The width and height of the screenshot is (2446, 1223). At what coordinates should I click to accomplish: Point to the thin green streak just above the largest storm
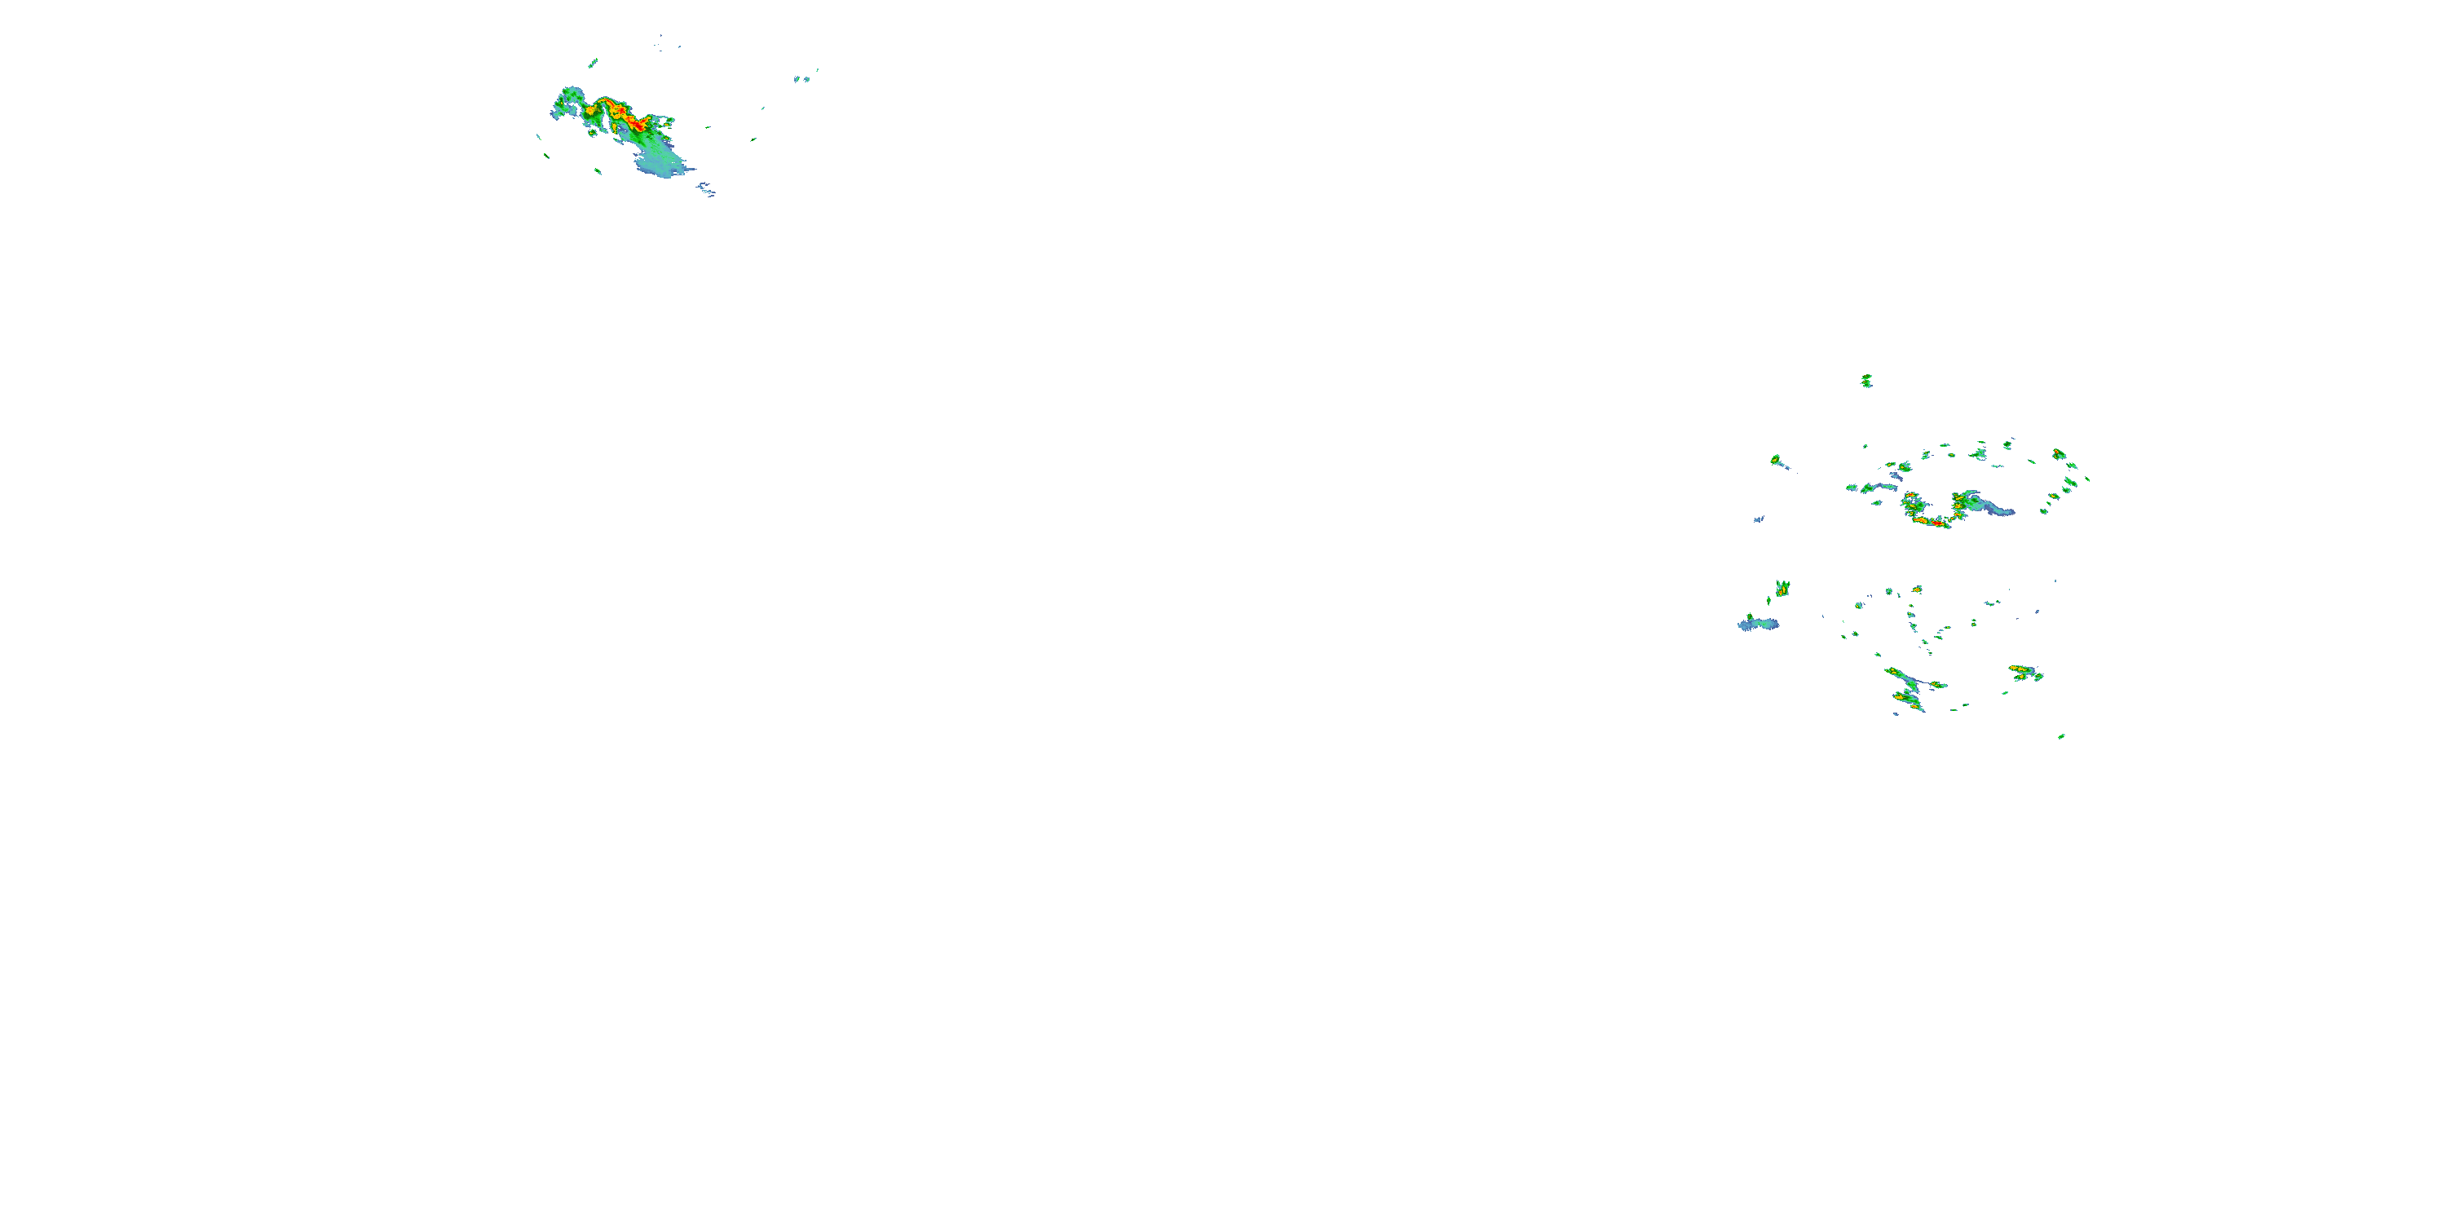coord(593,64)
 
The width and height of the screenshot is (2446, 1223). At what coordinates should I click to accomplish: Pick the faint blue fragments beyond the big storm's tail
coord(706,191)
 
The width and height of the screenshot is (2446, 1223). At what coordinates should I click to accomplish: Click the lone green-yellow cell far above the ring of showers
coord(1865,381)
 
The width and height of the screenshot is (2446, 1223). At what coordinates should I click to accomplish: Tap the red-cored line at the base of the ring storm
coord(1932,521)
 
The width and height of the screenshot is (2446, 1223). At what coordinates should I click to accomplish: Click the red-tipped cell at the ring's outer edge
coord(2059,454)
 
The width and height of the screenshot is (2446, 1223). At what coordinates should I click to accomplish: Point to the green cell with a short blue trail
coord(1776,461)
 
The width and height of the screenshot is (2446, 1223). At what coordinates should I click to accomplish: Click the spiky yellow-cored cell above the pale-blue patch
coord(1782,589)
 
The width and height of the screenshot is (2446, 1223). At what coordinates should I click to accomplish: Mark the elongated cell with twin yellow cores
coord(2024,673)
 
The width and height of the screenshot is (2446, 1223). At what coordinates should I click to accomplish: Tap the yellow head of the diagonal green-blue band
coord(1894,673)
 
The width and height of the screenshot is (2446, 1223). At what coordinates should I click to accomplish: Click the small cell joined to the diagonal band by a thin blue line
coord(1937,685)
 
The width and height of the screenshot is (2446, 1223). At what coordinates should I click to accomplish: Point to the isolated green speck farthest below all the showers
coord(2061,736)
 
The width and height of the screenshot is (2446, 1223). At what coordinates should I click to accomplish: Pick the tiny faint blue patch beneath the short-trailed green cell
coord(1759,519)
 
